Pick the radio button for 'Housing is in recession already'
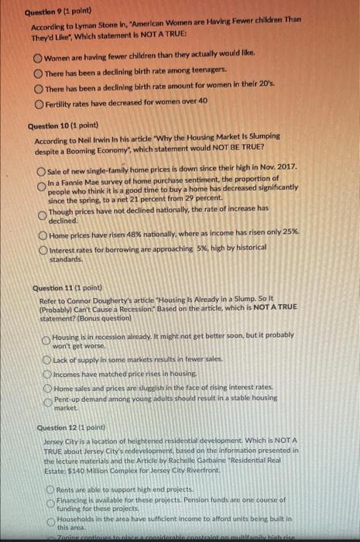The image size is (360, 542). [46, 338]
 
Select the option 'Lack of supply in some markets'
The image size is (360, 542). [46, 359]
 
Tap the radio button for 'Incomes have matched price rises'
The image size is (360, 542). [46, 372]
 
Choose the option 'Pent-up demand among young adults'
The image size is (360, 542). [46, 400]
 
